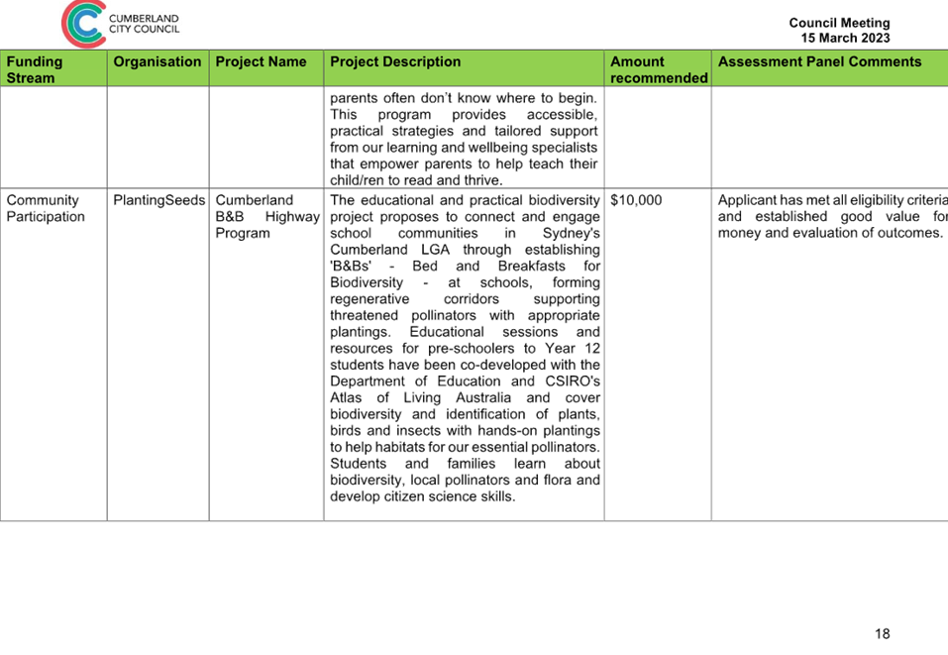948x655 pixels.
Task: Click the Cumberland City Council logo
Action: (x=120, y=24)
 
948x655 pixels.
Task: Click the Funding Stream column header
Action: (x=35, y=69)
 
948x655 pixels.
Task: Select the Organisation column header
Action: (x=158, y=61)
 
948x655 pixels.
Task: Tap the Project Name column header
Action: (x=261, y=61)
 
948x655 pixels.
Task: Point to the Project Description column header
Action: (x=395, y=61)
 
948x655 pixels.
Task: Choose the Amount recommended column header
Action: (x=659, y=69)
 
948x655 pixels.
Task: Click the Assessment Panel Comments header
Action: (x=820, y=61)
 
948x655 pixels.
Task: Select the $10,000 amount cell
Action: (x=636, y=200)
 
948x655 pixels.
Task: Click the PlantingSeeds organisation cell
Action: (x=159, y=200)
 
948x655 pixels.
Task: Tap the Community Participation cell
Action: (x=46, y=209)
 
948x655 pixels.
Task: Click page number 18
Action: (x=882, y=634)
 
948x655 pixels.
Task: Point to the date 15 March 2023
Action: (x=845, y=38)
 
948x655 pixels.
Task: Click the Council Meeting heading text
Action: (x=839, y=23)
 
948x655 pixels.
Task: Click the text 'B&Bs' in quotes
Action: (x=351, y=267)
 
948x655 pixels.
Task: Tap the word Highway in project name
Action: (x=292, y=217)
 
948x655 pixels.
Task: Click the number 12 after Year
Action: (x=592, y=349)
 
